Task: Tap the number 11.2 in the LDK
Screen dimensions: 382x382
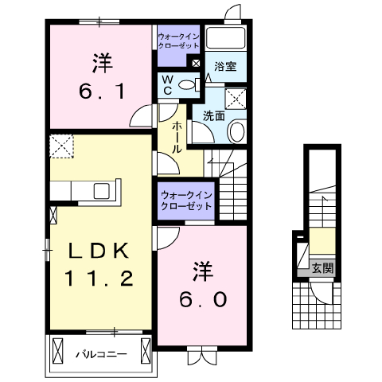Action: pos(99,279)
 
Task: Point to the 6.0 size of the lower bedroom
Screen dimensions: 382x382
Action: pos(202,298)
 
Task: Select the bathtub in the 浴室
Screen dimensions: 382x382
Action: pos(226,39)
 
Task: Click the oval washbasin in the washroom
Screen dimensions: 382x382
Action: pos(237,131)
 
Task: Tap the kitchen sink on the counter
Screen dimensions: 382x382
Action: pos(103,190)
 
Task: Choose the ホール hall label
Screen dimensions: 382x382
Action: pos(175,137)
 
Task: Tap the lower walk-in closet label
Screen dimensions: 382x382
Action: pos(186,199)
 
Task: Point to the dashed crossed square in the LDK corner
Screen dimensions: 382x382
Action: pos(61,146)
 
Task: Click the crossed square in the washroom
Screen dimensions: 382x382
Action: pos(236,98)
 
